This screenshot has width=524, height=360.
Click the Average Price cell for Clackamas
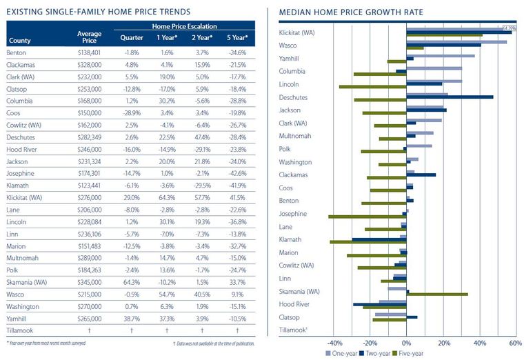[x=90, y=65]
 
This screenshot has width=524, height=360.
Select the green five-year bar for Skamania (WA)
[x=437, y=294]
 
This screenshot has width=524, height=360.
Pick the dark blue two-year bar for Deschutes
[x=450, y=97]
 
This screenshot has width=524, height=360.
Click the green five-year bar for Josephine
[x=367, y=217]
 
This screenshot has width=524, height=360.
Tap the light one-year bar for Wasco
[x=456, y=42]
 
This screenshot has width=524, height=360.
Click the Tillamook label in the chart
[x=292, y=330]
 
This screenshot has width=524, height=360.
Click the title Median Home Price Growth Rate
[x=350, y=12]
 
